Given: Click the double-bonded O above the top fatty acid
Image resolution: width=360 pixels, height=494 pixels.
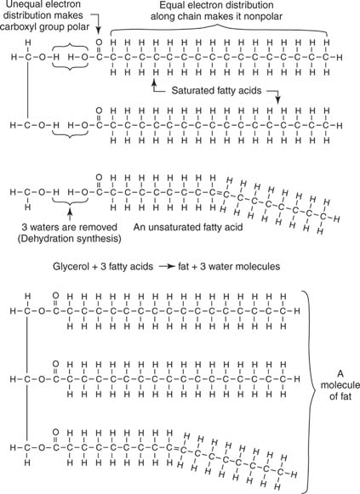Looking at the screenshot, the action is [100, 41].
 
